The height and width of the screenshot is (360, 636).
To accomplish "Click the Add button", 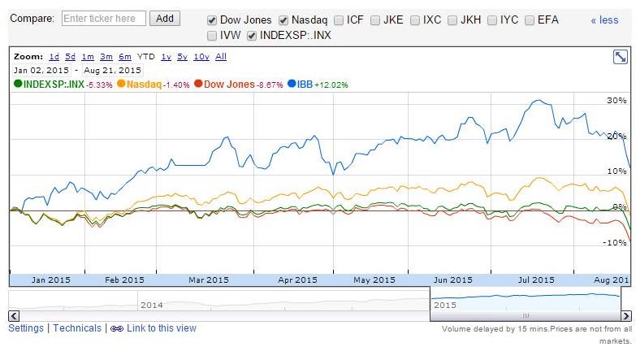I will coord(165,18).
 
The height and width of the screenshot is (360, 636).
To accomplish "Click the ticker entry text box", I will coord(104,18).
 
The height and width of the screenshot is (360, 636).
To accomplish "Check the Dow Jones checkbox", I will coord(213,20).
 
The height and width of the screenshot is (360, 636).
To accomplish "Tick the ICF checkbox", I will coord(339,20).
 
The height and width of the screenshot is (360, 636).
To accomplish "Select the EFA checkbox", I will coord(530,20).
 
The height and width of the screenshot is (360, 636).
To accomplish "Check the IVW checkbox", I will coord(213,35).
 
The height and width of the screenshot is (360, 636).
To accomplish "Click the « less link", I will coord(604,20).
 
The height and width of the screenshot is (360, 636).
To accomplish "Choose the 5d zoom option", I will coord(71,57).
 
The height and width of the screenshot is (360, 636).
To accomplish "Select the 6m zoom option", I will coord(124,57).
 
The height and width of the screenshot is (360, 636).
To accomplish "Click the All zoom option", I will coord(221,57).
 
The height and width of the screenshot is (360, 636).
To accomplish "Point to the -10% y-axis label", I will coord(616,242).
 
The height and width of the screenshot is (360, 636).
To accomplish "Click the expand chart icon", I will coord(620,57).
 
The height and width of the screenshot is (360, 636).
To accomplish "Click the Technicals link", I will coord(77,328).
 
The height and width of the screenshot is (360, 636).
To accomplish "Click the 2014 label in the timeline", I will coord(152,305).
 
